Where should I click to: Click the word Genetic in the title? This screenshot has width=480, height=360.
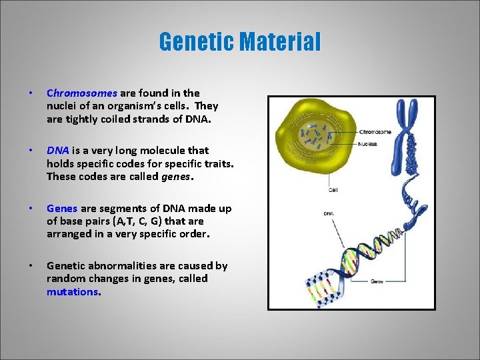coord(196,42)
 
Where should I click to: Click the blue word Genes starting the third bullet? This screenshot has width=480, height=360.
coord(62,209)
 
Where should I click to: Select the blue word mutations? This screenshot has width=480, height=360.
coord(72,291)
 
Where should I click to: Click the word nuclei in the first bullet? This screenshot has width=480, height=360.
coord(61,106)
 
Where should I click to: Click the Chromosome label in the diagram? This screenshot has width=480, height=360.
coord(375,131)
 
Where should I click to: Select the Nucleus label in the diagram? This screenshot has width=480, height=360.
coord(367,143)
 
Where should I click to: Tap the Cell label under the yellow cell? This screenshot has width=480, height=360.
coord(333,189)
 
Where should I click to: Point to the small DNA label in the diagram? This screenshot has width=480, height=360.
coord(329,213)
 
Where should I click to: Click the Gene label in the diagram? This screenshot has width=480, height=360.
coord(377,281)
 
